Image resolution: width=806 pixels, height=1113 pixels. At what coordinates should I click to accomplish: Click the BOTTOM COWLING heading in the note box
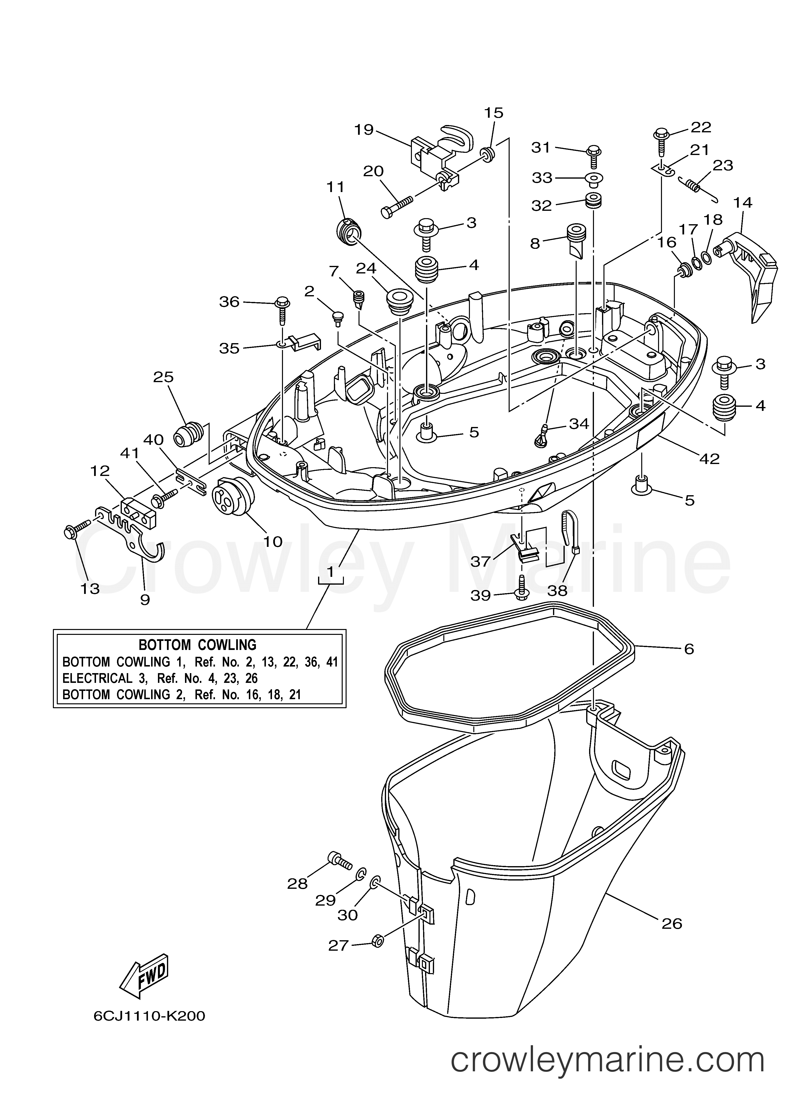(198, 644)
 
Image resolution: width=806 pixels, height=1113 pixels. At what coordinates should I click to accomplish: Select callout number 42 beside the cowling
(709, 459)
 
